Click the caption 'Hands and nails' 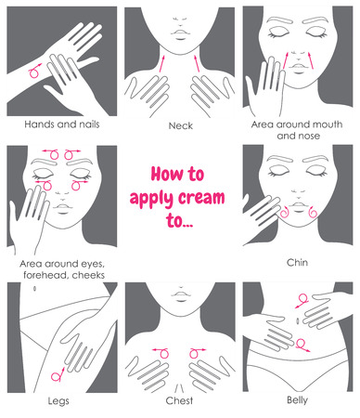(x=61, y=122)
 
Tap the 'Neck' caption (x=180, y=123)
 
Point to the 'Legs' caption (x=61, y=401)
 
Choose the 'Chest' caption (x=180, y=401)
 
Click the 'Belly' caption (x=298, y=401)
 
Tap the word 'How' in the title (x=155, y=174)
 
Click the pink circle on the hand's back (x=35, y=71)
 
